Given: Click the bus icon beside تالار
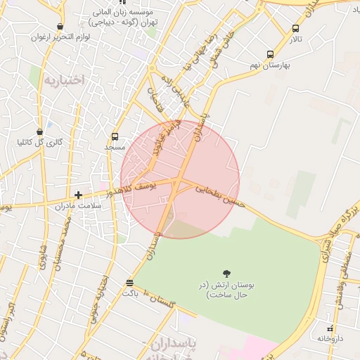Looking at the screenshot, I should [295, 29].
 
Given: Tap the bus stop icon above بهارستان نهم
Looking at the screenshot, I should [270, 54].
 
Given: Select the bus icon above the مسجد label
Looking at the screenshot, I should [115, 136].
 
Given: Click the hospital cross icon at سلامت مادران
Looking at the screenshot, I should [78, 194].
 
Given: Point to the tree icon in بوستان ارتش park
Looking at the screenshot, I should [226, 274].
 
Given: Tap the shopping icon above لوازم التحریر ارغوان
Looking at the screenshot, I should [63, 25].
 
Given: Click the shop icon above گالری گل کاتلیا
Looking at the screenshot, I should [41, 131].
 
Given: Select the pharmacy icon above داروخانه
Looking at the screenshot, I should [330, 328].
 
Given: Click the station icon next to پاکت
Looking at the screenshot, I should [129, 283].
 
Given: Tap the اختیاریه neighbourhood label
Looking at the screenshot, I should [63, 80].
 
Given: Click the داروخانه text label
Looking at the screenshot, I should [325, 339].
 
